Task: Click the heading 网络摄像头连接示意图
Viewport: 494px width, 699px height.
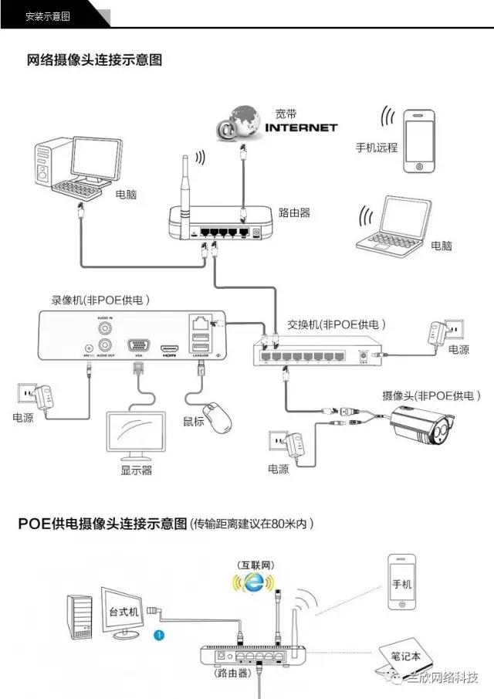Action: [x=94, y=60]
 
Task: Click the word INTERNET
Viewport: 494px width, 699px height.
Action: [x=301, y=127]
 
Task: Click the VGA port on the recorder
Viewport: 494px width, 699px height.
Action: [x=138, y=345]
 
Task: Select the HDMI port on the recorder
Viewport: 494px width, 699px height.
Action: [x=169, y=348]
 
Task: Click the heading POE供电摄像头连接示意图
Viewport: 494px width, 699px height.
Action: [x=103, y=524]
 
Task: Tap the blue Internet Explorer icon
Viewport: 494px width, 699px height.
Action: [x=252, y=585]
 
